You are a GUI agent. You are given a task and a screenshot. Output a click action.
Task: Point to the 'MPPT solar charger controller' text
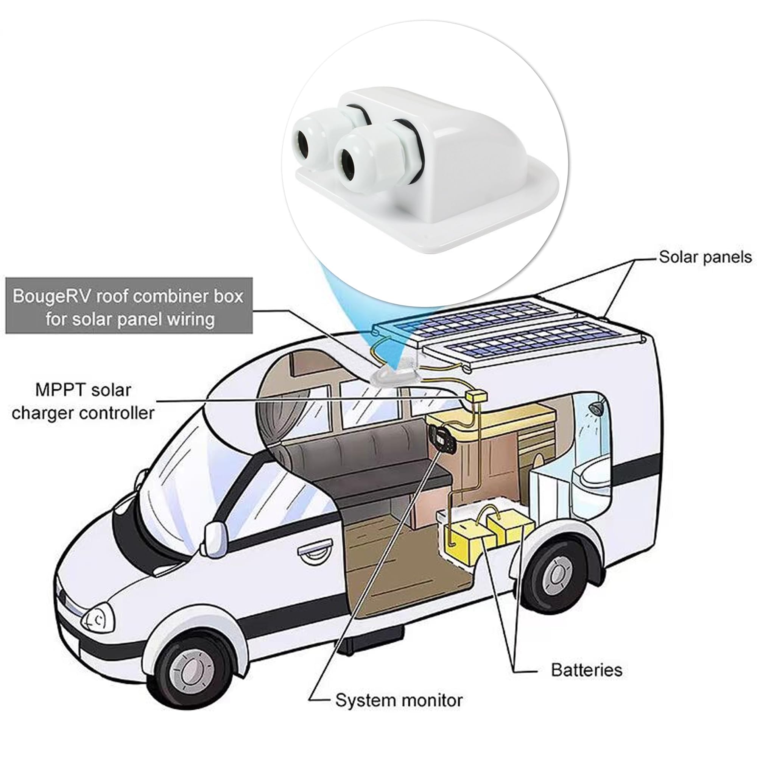pos(83,402)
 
